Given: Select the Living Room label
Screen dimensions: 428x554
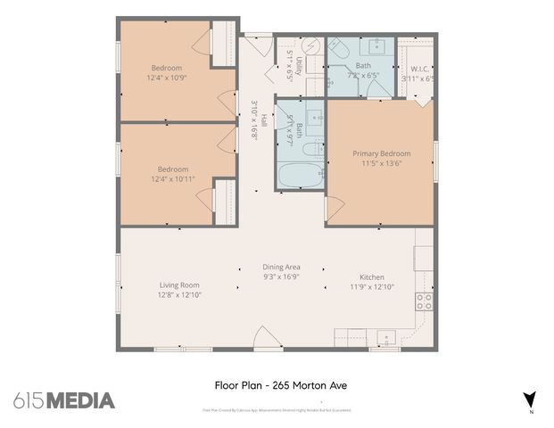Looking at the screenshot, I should (177, 284).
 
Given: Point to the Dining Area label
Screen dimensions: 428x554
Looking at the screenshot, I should (281, 267).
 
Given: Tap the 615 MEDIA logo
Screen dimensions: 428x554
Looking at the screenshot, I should (64, 400).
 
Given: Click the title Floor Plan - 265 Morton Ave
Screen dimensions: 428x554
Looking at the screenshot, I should (280, 386).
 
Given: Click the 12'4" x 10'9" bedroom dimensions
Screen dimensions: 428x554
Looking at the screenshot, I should (167, 78).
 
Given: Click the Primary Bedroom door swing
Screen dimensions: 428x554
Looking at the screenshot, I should (335, 210).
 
